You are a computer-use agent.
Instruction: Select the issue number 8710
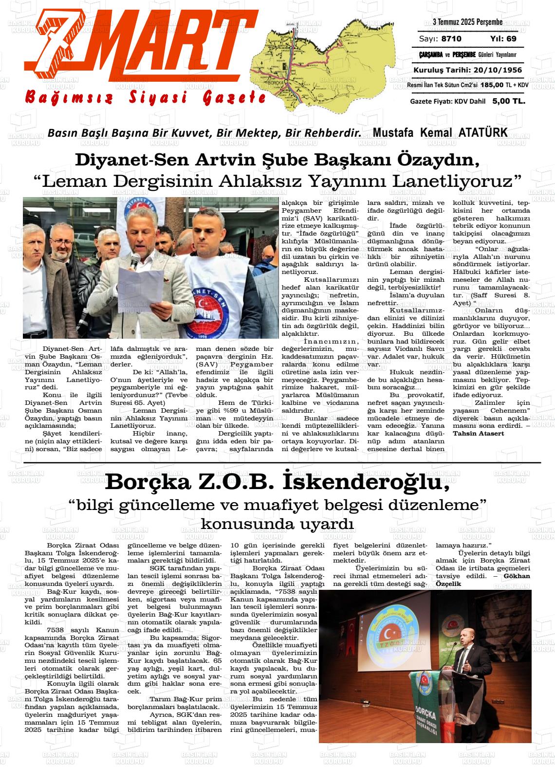(452, 39)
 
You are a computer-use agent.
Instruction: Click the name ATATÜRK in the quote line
(482, 132)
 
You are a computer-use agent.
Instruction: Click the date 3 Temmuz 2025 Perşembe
(467, 22)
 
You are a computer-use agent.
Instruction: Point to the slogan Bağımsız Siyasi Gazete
(146, 97)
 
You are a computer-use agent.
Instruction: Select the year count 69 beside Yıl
(511, 39)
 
